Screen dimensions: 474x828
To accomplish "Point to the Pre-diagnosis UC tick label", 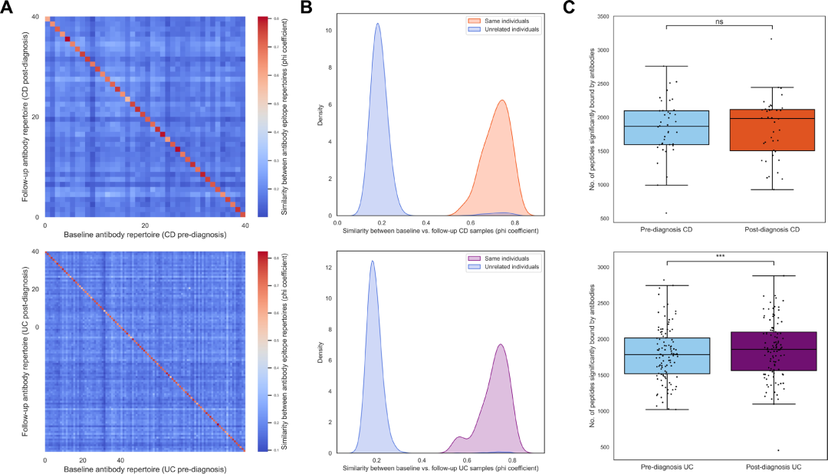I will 667,466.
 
